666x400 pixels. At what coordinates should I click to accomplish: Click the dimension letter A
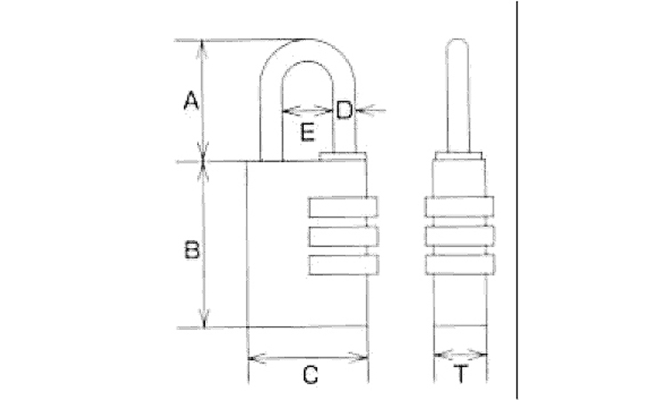[x=191, y=100]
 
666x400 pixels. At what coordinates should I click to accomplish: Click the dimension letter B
[x=192, y=250]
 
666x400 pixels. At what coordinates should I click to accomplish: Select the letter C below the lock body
[x=311, y=375]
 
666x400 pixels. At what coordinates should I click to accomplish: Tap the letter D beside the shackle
[x=344, y=110]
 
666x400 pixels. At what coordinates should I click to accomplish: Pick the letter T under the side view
[x=461, y=373]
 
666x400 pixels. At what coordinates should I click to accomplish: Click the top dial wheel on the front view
[x=343, y=207]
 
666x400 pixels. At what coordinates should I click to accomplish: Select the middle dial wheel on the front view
[x=343, y=236]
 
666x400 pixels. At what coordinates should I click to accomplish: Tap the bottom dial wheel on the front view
[x=343, y=264]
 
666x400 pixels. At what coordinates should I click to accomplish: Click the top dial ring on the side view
[x=459, y=206]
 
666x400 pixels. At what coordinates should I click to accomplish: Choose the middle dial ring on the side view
[x=460, y=236]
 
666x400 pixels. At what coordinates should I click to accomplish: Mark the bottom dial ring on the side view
[x=460, y=264]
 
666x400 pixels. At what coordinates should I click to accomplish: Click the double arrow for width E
[x=307, y=110]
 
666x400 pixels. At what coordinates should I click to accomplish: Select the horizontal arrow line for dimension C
[x=308, y=358]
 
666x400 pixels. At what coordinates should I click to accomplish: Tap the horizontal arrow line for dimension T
[x=460, y=354]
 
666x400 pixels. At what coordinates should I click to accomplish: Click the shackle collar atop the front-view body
[x=342, y=156]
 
